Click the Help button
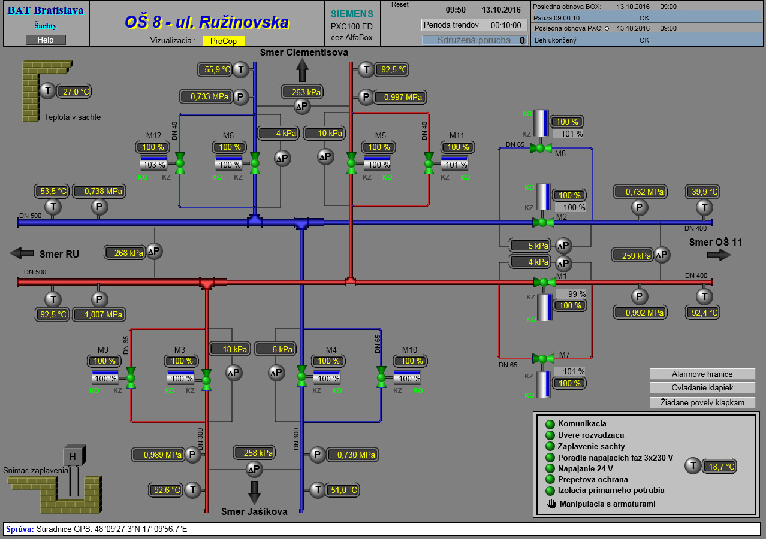tap(46, 40)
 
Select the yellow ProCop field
tap(224, 41)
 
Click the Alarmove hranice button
tap(702, 374)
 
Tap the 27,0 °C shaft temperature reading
tap(75, 92)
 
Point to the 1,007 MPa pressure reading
tap(99, 314)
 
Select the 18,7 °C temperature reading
tap(720, 467)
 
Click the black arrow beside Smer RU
tap(22, 253)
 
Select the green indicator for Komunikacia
tap(550, 424)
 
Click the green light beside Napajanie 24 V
tap(550, 468)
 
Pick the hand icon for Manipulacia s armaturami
tap(551, 504)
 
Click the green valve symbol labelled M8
tap(541, 147)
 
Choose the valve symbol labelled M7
tap(543, 359)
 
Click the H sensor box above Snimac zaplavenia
tap(73, 456)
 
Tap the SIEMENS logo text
tap(352, 14)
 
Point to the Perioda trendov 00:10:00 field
tap(475, 25)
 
